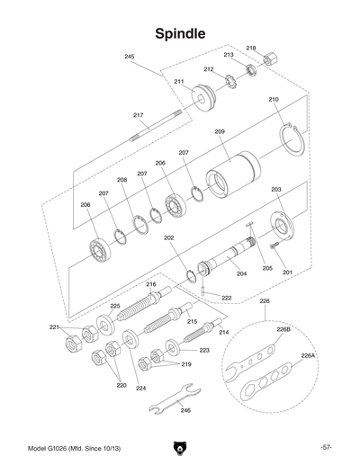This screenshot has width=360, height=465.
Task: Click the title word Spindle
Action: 180,33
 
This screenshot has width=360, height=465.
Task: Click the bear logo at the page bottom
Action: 180,447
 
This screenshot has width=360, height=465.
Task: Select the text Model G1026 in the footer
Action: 51,447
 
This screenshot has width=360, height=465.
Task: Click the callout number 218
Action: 251,48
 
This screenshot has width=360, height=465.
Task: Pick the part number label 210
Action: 274,99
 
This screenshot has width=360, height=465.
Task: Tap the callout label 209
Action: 219,132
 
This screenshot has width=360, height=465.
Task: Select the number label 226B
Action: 283,330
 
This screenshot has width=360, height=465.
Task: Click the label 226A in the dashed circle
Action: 308,355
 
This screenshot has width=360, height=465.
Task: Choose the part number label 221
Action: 54,326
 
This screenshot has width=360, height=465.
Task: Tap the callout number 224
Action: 140,389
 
